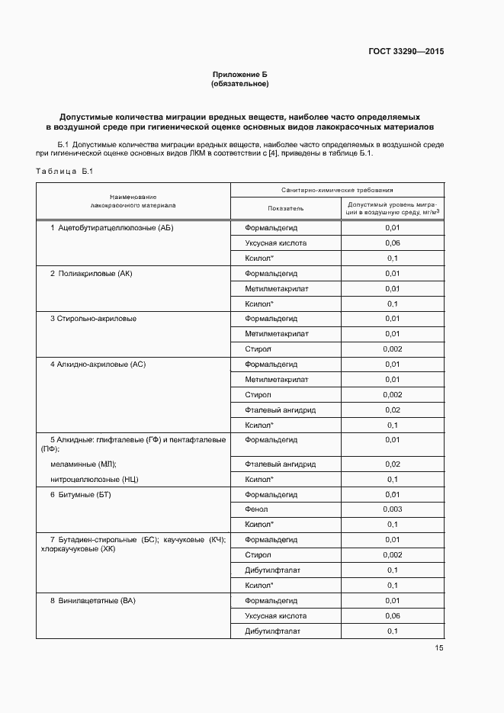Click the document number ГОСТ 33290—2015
pyautogui.click(x=406, y=52)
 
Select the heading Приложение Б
pyautogui.click(x=239, y=74)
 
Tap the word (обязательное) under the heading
pyautogui.click(x=239, y=83)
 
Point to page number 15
pyautogui.click(x=438, y=648)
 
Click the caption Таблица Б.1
pyautogui.click(x=63, y=172)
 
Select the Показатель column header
pyautogui.click(x=285, y=208)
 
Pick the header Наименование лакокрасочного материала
pyautogui.click(x=133, y=201)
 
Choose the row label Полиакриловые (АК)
pyautogui.click(x=96, y=273)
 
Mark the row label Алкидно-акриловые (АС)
pyautogui.click(x=98, y=365)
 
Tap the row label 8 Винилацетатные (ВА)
pyautogui.click(x=92, y=601)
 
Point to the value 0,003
pyautogui.click(x=392, y=509)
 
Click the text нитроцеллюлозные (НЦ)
pyautogui.click(x=94, y=480)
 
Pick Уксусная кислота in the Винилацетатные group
pyautogui.click(x=275, y=616)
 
